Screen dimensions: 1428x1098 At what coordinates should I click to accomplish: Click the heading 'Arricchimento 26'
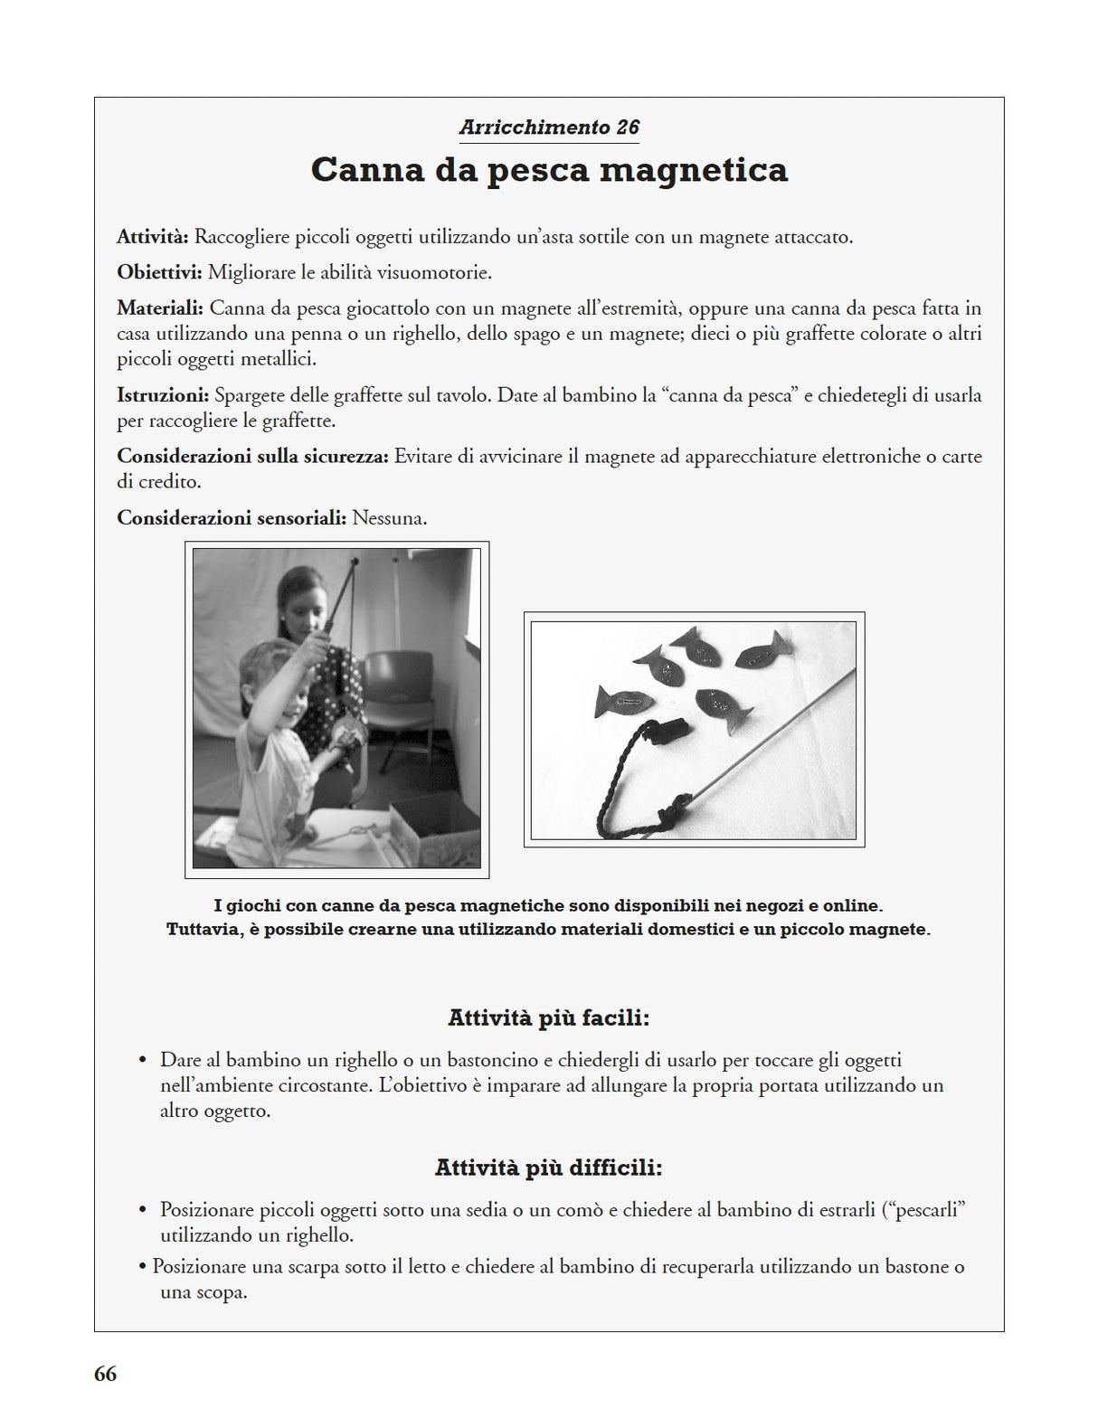click(549, 128)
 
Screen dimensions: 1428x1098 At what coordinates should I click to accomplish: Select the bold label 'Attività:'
click(152, 237)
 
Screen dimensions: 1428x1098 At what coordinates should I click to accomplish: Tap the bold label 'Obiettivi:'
click(159, 272)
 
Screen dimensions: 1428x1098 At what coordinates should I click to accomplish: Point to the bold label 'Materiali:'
click(160, 308)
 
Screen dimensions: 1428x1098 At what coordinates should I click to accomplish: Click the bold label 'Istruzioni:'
click(163, 395)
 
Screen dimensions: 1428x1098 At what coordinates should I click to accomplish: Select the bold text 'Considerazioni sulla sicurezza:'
click(252, 457)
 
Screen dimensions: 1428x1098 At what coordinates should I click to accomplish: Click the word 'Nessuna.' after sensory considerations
click(389, 518)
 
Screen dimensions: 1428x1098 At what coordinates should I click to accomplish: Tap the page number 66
click(105, 1374)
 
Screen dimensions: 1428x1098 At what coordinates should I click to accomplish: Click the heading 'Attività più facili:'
click(549, 1018)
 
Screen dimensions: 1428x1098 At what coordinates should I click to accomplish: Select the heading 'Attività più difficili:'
click(549, 1168)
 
